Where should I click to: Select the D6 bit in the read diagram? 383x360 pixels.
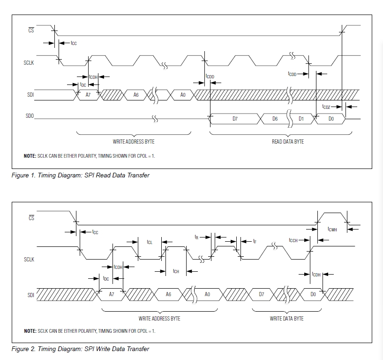(275, 119)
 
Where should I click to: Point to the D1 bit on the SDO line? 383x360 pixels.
(301, 119)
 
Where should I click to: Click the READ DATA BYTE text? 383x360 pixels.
(288, 142)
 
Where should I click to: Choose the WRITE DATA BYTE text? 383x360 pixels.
(286, 318)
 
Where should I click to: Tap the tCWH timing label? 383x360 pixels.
(332, 229)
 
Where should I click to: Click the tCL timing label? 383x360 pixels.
(150, 242)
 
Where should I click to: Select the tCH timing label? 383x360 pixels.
(176, 271)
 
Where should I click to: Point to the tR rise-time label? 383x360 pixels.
(197, 237)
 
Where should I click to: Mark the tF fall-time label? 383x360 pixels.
(255, 241)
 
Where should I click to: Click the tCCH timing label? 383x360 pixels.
(293, 240)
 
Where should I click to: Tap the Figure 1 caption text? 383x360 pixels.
(81, 175)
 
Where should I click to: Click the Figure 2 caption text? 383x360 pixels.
(81, 349)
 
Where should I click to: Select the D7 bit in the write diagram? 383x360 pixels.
(262, 294)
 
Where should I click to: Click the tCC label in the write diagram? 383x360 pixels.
(95, 232)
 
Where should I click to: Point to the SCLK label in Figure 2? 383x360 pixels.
(29, 259)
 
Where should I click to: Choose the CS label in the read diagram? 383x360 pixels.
(31, 31)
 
